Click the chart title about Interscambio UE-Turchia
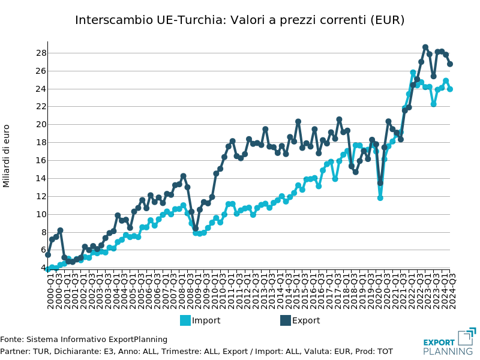coord(239,20)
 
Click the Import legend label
coord(206,320)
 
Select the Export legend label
coord(306,320)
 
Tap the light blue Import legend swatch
coord(185,320)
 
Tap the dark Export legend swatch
coord(286,320)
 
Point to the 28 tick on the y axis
coord(40,53)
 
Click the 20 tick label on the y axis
coord(40,124)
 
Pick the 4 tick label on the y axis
coord(43,268)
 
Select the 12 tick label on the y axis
coord(40,196)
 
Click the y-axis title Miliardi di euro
coord(7,155)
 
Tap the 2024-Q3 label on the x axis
coord(451,290)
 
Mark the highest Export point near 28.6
coord(425,47)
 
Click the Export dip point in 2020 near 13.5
coord(380,183)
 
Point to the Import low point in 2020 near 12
coord(380,197)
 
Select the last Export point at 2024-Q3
coord(449,64)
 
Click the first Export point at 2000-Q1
coord(48,254)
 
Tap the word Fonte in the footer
coord(11,340)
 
